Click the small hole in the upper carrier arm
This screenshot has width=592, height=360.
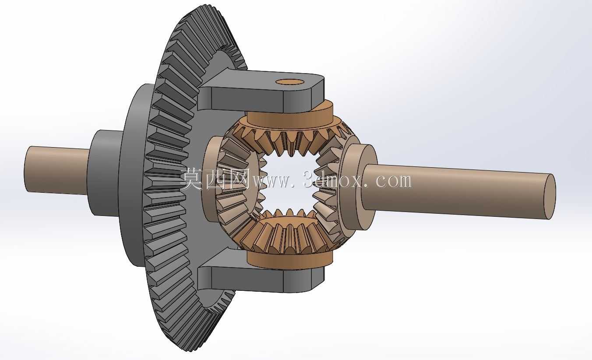pos(289,81)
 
